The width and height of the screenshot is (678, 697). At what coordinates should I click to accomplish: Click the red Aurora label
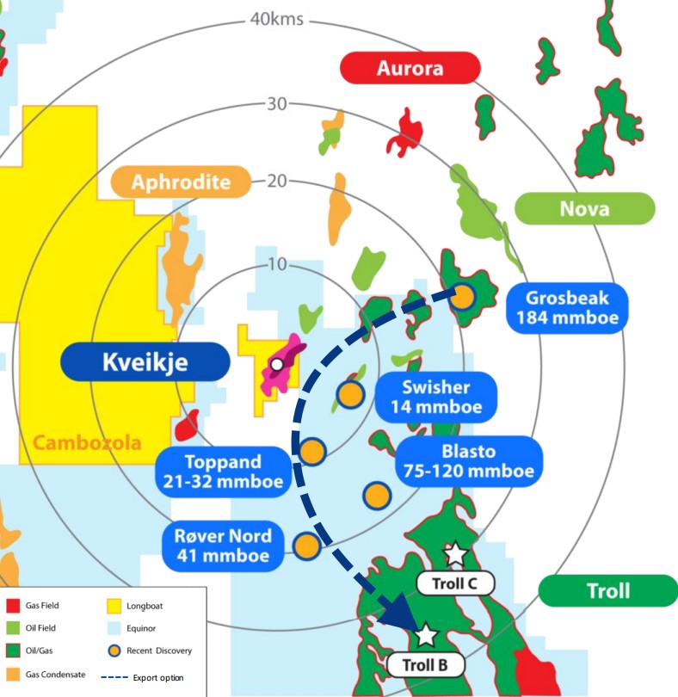[x=410, y=68]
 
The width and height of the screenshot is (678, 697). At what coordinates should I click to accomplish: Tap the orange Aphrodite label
[x=181, y=182]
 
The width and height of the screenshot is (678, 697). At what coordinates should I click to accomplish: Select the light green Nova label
[x=584, y=209]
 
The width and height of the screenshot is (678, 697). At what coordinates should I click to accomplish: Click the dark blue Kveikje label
[x=145, y=362]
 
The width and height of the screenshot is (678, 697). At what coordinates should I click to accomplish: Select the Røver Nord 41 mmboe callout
[x=222, y=546]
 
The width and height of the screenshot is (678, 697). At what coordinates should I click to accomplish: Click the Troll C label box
[x=456, y=583]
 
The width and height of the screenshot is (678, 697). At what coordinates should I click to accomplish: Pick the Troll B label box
[x=426, y=665]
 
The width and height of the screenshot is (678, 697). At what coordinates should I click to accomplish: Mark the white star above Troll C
[x=453, y=553]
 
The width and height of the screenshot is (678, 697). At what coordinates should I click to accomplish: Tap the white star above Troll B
[x=426, y=636]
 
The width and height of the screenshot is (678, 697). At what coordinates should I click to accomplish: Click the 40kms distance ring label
[x=276, y=18]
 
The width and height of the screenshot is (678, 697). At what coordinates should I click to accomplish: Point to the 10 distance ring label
[x=276, y=263]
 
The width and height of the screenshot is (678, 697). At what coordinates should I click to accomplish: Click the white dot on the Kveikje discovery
[x=276, y=365]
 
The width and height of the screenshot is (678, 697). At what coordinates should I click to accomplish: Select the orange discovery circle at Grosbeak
[x=463, y=297]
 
